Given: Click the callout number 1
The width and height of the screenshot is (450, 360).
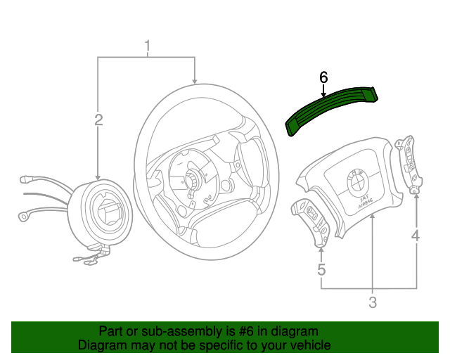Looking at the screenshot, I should tap(148, 46).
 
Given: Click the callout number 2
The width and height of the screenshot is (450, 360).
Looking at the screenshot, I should tap(98, 120).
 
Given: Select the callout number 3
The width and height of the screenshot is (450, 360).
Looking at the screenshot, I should tap(372, 303).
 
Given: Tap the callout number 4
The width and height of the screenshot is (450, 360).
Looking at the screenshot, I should tap(416, 236).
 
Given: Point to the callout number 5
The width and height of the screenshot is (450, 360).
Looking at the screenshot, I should tap(321, 269).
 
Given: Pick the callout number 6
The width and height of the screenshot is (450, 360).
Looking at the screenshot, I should tap(323, 77).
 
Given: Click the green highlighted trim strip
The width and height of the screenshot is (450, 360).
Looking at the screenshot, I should tap(330, 109).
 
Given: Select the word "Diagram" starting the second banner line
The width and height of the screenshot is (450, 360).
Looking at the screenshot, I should tap(101, 345).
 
